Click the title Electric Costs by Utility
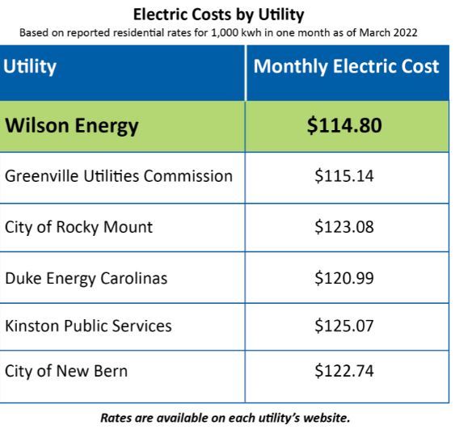click(x=218, y=15)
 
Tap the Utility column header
click(x=30, y=67)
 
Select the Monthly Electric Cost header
click(x=346, y=66)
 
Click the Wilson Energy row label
click(x=72, y=126)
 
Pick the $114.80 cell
click(x=344, y=125)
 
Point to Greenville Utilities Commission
click(x=119, y=176)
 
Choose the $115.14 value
click(x=344, y=176)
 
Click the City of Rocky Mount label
click(x=78, y=227)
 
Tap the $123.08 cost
click(x=344, y=227)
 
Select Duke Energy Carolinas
click(x=86, y=279)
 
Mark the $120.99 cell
click(x=344, y=278)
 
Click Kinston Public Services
click(x=88, y=326)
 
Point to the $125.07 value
click(x=344, y=326)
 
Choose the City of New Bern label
click(x=66, y=371)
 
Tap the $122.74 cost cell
click(x=344, y=371)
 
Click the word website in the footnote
click(x=327, y=418)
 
